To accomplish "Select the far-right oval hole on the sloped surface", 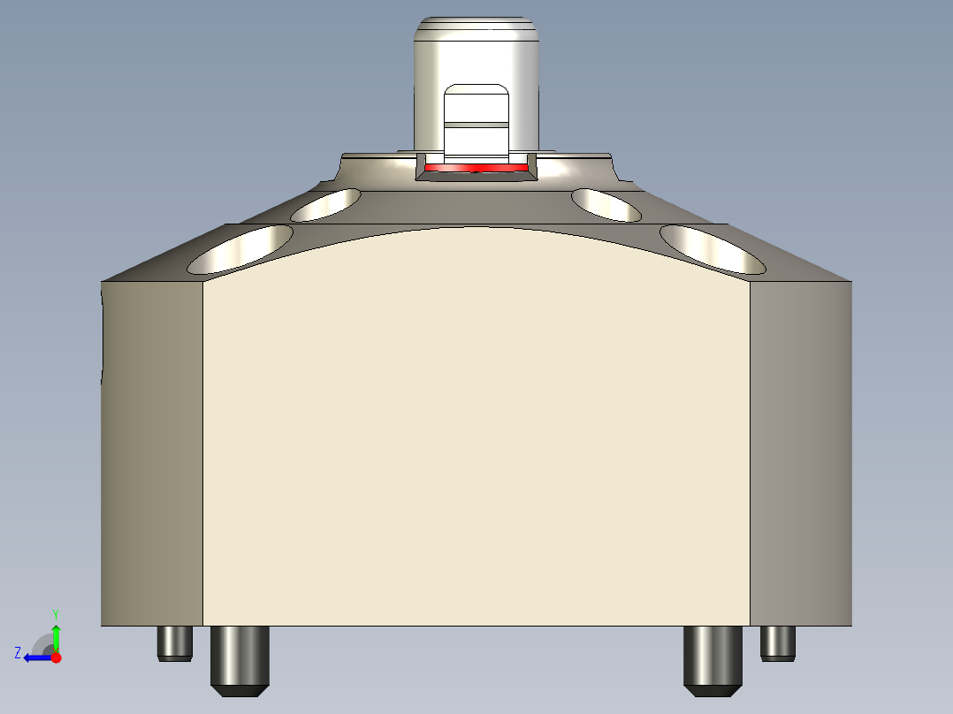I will (713, 248).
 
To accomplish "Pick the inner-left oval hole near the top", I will (326, 204).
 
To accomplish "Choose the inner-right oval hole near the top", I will (606, 204).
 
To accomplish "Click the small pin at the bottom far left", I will (175, 642).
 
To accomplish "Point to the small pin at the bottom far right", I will (779, 642).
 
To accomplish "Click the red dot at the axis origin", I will (56, 657).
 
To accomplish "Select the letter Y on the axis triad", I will (56, 613).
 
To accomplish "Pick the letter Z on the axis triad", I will (18, 653).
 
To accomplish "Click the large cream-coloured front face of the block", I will (476, 424).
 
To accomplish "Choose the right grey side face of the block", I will (801, 451).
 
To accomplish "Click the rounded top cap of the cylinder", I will (477, 27).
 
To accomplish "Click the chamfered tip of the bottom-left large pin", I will (240, 690).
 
